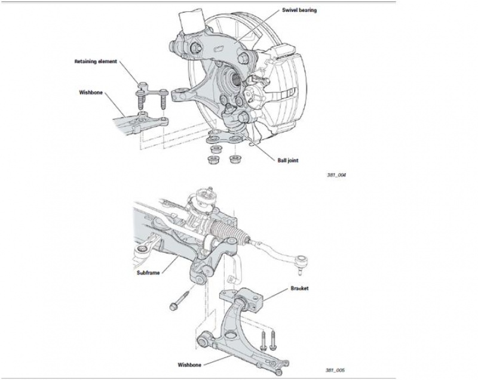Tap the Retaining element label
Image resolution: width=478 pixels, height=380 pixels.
pos(96,61)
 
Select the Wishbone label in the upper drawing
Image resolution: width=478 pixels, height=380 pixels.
pos(91,93)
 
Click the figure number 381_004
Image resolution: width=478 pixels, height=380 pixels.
pos(336,175)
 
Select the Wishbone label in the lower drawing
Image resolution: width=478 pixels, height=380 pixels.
pos(191,363)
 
